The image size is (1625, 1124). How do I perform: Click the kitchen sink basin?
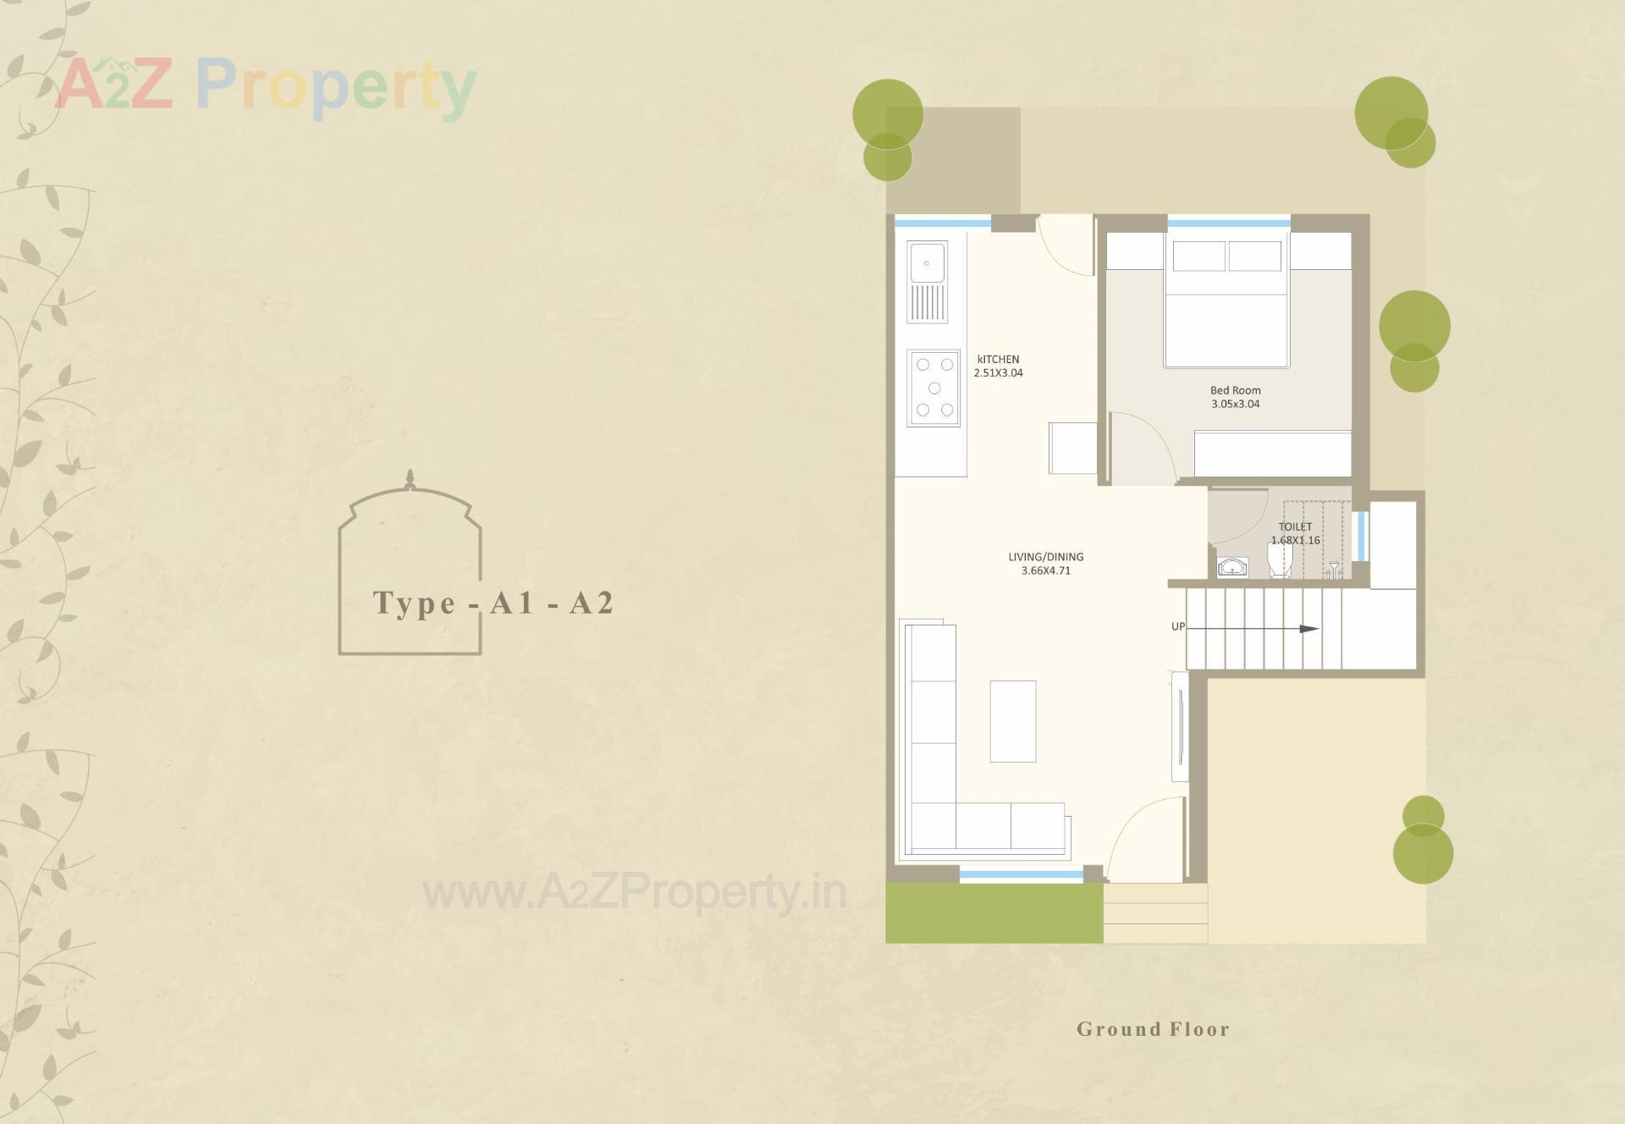(927, 262)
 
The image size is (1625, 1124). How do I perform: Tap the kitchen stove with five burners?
(934, 388)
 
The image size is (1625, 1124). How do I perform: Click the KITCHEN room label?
(998, 360)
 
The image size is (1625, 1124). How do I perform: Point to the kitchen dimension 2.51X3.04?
(998, 373)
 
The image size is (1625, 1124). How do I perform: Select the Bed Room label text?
(1235, 390)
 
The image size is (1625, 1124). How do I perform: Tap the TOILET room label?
(1295, 526)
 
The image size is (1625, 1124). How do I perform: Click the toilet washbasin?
(1232, 566)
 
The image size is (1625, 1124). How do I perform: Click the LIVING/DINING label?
(1045, 557)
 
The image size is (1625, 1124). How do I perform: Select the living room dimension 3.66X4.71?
(1045, 571)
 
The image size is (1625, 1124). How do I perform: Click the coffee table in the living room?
(1012, 721)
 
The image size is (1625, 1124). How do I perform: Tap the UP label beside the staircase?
(1177, 626)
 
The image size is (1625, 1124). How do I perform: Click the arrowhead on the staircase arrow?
(1309, 629)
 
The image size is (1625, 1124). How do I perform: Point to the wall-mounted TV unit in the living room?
(1179, 727)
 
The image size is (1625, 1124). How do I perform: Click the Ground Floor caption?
(1153, 1029)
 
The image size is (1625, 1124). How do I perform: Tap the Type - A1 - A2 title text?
(493, 603)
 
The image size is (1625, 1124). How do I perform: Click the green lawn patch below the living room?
(994, 914)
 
